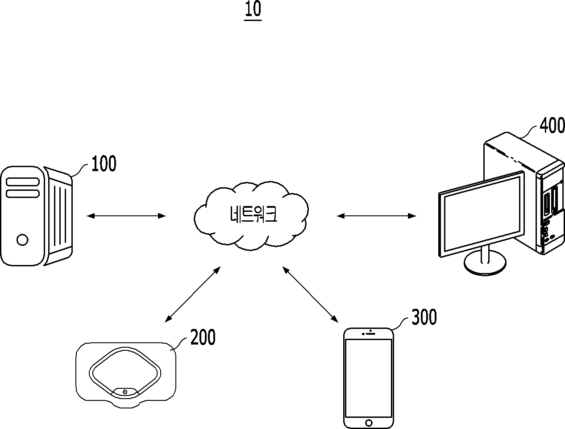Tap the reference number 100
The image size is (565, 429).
coord(104,164)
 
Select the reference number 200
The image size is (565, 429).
coord(203,337)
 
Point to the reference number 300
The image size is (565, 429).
coord(424,317)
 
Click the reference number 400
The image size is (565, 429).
coord(552,125)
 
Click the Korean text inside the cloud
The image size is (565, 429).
coord(253,214)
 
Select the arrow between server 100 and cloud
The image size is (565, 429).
coord(126,216)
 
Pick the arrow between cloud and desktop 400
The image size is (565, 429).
coord(376,216)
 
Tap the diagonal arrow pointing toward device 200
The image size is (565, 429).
coord(192,294)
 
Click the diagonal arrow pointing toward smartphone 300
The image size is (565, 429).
coord(310,294)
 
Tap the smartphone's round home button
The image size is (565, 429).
coord(369,423)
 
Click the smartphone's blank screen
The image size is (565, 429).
coord(369,378)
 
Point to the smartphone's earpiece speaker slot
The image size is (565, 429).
coord(370,334)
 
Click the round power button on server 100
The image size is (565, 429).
coord(22,240)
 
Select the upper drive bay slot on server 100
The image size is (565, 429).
coord(23,181)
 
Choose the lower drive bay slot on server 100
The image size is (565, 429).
coord(23,193)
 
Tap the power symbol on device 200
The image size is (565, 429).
coord(125,392)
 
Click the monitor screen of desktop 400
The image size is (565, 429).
coord(482,214)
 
